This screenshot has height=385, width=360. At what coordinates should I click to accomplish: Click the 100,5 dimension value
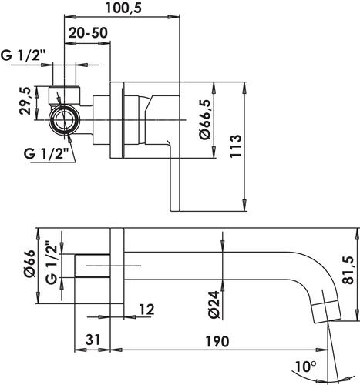click(x=123, y=8)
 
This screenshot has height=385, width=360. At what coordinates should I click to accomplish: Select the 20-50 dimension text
click(x=88, y=32)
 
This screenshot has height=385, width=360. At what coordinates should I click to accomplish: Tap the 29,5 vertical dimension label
click(x=25, y=101)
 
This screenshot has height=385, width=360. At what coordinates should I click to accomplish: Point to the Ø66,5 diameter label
click(x=205, y=119)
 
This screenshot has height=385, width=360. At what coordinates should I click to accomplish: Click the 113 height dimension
click(x=236, y=146)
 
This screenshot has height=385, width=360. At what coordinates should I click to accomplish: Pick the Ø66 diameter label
click(x=30, y=263)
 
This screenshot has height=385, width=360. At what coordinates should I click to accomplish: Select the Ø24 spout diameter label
click(x=214, y=305)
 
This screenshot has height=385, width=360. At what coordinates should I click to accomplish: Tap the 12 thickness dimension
click(x=146, y=309)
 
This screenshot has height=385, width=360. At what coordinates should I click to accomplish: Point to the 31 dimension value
click(x=93, y=340)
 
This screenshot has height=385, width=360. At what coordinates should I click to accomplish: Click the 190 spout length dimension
click(x=217, y=341)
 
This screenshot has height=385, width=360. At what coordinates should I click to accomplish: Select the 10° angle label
click(x=305, y=367)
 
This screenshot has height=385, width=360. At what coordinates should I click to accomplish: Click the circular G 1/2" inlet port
click(x=64, y=119)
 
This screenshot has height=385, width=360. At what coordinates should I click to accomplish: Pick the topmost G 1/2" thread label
click(x=23, y=55)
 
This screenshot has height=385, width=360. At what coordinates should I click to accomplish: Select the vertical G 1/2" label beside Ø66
click(x=52, y=262)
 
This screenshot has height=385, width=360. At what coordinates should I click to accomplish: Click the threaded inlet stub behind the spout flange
click(x=93, y=266)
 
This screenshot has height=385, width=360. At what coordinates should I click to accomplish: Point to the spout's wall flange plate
click(x=117, y=266)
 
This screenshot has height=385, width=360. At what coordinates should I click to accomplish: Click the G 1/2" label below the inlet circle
click(x=46, y=153)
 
